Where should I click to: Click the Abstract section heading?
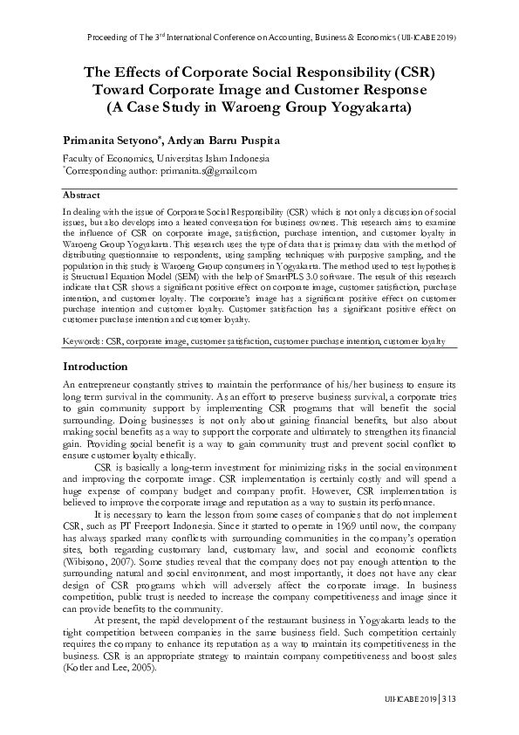coord(81,196)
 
